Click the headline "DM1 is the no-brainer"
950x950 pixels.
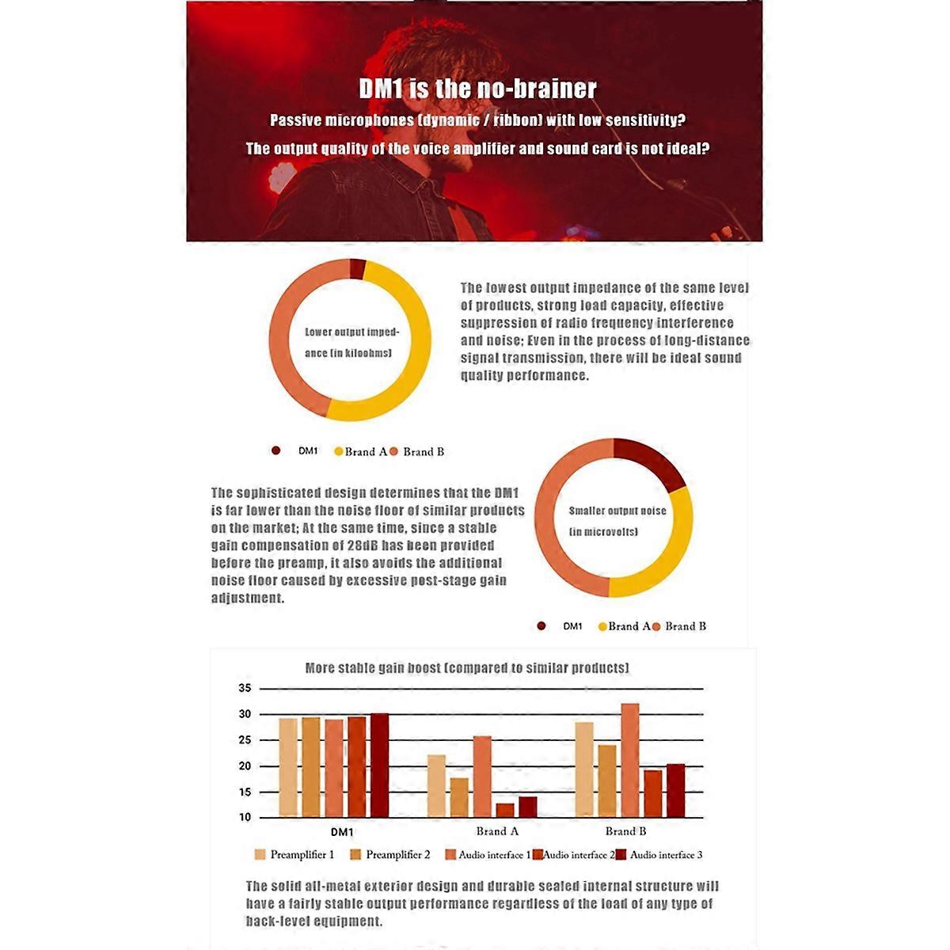pos(477,89)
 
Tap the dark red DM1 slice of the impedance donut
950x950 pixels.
pos(358,268)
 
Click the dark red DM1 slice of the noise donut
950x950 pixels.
pos(652,463)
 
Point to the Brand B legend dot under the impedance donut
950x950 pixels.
pos(393,451)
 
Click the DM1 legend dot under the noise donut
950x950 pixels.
pos(541,626)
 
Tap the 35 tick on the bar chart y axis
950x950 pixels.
pos(245,689)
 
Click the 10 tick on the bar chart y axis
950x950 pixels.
pos(245,817)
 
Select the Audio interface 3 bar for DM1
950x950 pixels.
pos(380,765)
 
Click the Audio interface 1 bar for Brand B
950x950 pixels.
pos(630,760)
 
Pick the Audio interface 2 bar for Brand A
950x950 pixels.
pos(505,810)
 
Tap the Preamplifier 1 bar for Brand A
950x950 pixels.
pos(436,785)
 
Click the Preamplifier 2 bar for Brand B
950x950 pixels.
pos(607,781)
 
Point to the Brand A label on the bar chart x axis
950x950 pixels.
pos(497,831)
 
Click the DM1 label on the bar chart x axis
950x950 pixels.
pos(342,832)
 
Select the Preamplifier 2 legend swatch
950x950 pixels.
pos(355,855)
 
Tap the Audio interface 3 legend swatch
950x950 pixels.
pos(621,855)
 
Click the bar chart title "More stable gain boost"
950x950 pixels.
pos(467,668)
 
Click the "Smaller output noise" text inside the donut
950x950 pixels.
pos(617,511)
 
